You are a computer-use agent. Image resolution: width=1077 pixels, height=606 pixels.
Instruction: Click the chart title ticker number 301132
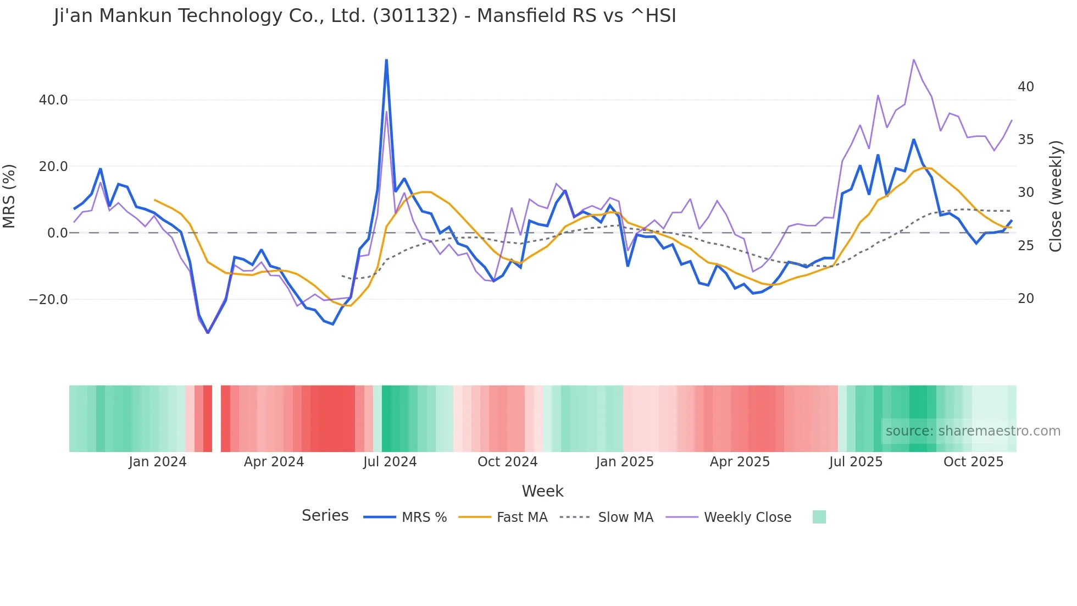pyautogui.click(x=415, y=16)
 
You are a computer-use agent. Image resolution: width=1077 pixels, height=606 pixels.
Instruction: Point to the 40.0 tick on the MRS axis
pyautogui.click(x=53, y=100)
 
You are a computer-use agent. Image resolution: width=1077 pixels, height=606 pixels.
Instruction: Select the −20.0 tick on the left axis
pyautogui.click(x=48, y=300)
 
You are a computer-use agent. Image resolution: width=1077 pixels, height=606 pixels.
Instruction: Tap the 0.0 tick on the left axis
pyautogui.click(x=57, y=233)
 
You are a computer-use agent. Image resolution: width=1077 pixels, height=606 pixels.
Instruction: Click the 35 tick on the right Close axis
pyautogui.click(x=1025, y=140)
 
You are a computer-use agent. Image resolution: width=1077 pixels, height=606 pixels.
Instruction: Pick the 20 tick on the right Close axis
pyautogui.click(x=1025, y=299)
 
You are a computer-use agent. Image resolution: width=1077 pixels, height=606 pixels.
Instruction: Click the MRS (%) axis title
pyautogui.click(x=9, y=196)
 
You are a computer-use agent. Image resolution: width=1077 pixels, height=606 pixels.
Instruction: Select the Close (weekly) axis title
pyautogui.click(x=1055, y=196)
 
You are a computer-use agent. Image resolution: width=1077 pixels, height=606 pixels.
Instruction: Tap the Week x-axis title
pyautogui.click(x=542, y=491)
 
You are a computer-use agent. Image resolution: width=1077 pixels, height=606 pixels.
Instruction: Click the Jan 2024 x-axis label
pyautogui.click(x=158, y=462)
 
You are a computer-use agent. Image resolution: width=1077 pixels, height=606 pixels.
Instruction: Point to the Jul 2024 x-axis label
pyautogui.click(x=390, y=462)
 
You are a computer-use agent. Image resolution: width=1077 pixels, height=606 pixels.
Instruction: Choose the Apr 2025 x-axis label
pyautogui.click(x=740, y=462)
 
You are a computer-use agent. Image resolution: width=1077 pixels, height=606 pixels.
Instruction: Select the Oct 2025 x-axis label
pyautogui.click(x=973, y=462)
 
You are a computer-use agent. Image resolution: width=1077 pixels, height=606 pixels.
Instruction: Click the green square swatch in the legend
pyautogui.click(x=819, y=517)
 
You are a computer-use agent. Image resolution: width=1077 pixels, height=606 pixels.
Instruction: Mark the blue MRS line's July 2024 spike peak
pyautogui.click(x=386, y=60)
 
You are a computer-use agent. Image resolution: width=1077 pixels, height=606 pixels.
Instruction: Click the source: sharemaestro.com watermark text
pyautogui.click(x=973, y=431)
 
